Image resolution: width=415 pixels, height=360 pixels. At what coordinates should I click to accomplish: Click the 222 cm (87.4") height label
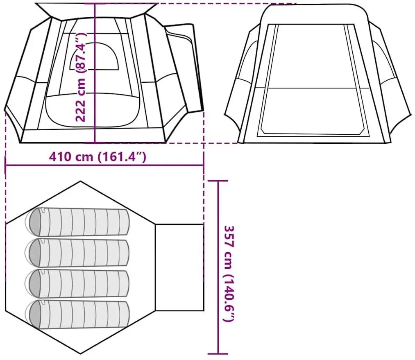(81, 77)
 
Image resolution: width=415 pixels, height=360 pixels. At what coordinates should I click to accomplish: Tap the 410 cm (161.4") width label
(98, 157)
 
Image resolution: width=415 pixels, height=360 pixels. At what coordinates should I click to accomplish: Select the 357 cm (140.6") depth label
(229, 274)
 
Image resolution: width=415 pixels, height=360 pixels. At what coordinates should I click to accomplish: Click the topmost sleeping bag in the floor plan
(77, 222)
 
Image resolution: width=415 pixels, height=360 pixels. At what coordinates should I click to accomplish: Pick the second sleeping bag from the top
(77, 252)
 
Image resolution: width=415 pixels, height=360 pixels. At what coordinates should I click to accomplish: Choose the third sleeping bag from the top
(77, 283)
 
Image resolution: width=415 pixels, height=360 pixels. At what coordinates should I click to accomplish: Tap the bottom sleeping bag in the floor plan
(77, 314)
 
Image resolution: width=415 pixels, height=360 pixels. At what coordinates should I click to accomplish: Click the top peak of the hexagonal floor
(80, 181)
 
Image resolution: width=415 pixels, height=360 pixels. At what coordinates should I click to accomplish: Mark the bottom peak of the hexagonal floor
(80, 353)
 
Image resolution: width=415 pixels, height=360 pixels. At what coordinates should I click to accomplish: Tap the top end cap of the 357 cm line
(218, 181)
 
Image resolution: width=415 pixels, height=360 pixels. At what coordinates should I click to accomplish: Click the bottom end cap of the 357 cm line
(218, 353)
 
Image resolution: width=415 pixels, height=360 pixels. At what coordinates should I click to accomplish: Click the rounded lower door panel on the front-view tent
(93, 109)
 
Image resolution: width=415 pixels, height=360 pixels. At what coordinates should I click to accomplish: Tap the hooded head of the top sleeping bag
(35, 222)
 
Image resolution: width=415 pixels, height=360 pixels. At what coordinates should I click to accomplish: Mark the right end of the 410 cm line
(204, 165)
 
